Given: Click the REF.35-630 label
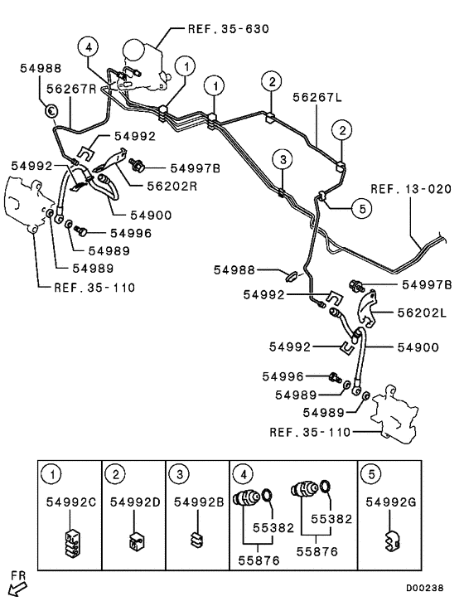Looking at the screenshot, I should tap(229, 29).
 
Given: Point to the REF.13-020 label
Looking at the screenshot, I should tap(412, 188).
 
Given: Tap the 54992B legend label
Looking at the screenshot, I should tap(196, 502).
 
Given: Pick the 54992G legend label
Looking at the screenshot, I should tap(389, 502).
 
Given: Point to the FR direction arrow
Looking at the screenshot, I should tap(17, 587).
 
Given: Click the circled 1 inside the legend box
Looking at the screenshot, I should tap(54, 474).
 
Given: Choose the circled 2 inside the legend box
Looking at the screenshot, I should tap(118, 474).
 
